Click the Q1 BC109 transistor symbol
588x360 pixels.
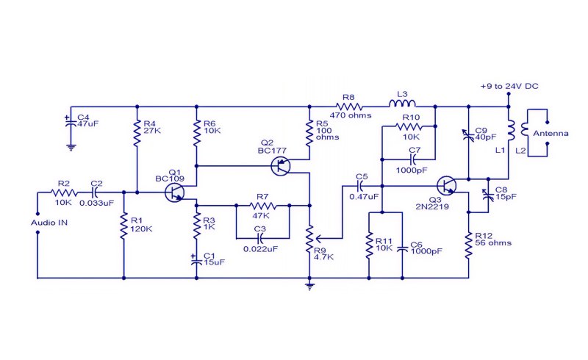point(174,192)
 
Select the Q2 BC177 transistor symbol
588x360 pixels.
point(281,166)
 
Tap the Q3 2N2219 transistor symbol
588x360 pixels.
point(447,186)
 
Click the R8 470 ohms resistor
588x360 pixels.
point(348,107)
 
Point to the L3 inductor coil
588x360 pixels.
point(402,104)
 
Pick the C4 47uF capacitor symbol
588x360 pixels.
point(68,122)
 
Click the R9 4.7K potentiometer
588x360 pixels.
point(310,239)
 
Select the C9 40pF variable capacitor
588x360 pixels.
point(468,134)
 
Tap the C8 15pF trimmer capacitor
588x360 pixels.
point(488,195)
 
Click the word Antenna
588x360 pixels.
point(551,134)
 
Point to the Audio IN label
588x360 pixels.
point(49,223)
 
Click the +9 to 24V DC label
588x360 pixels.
point(509,86)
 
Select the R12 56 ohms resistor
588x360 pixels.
point(468,245)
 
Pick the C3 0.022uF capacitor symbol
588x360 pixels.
point(260,238)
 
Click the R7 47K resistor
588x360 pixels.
point(263,206)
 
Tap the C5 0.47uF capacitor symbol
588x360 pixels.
point(360,185)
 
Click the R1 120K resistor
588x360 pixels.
point(123,226)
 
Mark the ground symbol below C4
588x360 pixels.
point(71,147)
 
